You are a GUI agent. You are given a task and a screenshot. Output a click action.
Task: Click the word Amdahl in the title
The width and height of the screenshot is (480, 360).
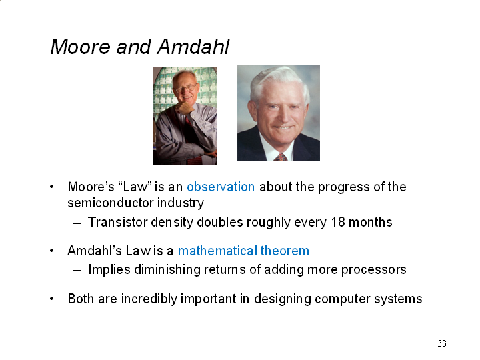click(x=193, y=47)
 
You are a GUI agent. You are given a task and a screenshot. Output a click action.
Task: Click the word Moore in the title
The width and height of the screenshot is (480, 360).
click(x=79, y=47)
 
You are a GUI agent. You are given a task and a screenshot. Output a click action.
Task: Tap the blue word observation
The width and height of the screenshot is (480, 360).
click(x=221, y=187)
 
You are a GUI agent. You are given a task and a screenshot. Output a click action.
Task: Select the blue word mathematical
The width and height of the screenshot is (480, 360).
click(x=217, y=251)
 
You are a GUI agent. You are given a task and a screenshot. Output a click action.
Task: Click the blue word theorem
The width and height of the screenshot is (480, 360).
click(x=285, y=251)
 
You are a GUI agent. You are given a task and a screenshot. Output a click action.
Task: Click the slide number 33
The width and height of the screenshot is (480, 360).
click(x=442, y=343)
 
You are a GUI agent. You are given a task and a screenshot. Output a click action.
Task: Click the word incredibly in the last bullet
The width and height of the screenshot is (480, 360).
click(x=149, y=299)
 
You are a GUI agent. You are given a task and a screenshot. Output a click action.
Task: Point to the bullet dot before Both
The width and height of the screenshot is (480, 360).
click(x=52, y=299)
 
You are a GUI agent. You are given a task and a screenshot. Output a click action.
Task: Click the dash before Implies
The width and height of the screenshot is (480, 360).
click(x=77, y=270)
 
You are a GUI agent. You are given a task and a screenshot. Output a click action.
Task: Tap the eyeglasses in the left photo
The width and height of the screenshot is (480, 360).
click(x=186, y=89)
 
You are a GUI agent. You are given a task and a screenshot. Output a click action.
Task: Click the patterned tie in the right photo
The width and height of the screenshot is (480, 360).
click(x=281, y=157)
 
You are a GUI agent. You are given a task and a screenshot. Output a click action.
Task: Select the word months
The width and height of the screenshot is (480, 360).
click(x=371, y=222)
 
